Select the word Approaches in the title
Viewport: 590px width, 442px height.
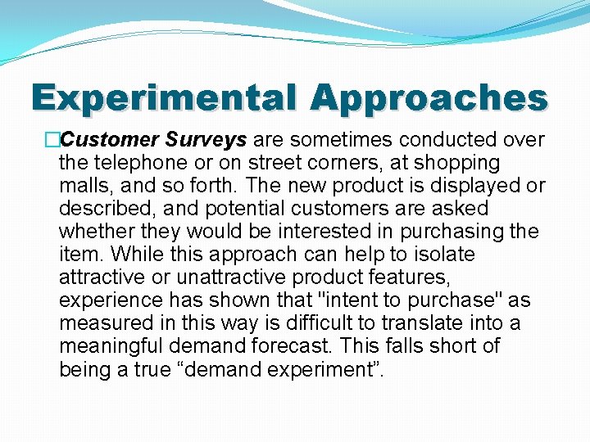(428, 98)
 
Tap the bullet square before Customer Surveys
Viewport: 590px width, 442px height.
(52, 140)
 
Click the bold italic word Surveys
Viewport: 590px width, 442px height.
(214, 140)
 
